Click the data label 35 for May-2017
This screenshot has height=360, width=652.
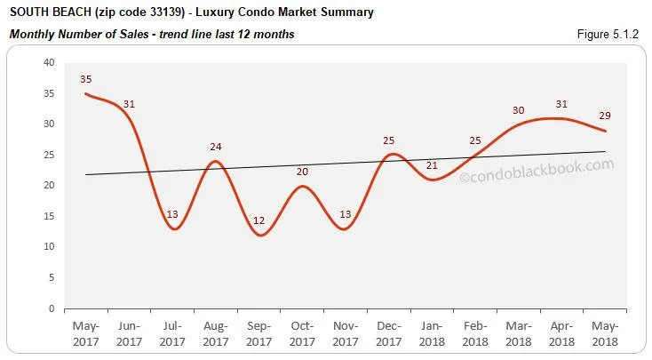(86, 79)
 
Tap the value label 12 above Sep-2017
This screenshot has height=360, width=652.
(258, 220)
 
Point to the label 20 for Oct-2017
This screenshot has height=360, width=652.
(302, 172)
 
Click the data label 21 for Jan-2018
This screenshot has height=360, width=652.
(432, 165)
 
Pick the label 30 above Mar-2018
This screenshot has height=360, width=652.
(518, 110)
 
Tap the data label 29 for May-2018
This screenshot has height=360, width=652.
(604, 116)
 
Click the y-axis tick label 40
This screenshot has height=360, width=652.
(49, 63)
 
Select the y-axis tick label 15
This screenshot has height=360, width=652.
(49, 216)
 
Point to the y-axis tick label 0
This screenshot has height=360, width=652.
(52, 308)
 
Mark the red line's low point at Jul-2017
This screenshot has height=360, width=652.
(173, 229)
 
